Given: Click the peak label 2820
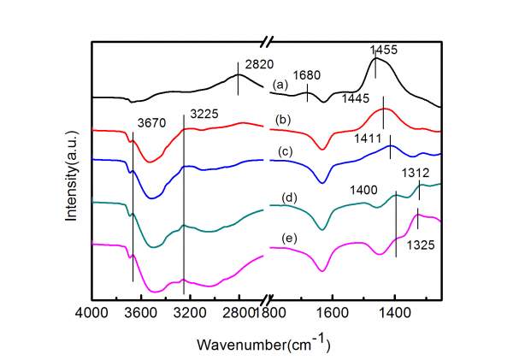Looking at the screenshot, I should point(261,63).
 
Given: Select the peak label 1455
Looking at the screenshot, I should point(385,50).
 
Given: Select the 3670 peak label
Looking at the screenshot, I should point(151,122).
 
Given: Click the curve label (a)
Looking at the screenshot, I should point(279,85).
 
